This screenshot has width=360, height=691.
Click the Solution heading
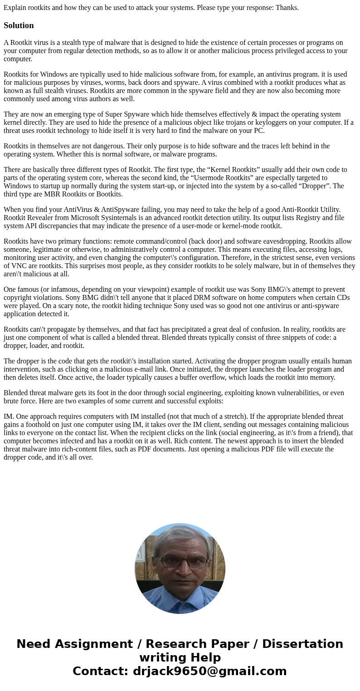19,25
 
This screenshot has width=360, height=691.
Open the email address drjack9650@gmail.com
209,671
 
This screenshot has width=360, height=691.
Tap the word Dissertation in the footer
302,644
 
